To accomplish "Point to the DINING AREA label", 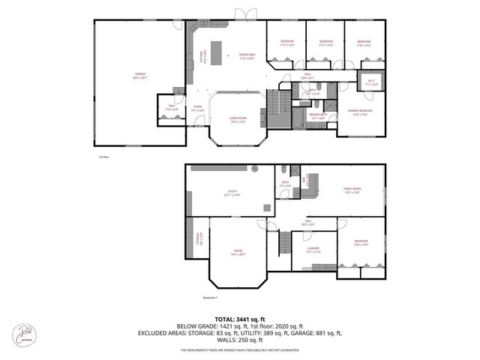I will (247, 55).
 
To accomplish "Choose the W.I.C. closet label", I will (370, 82).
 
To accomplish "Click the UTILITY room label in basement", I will (232, 193).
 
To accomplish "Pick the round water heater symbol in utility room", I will (254, 169).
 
